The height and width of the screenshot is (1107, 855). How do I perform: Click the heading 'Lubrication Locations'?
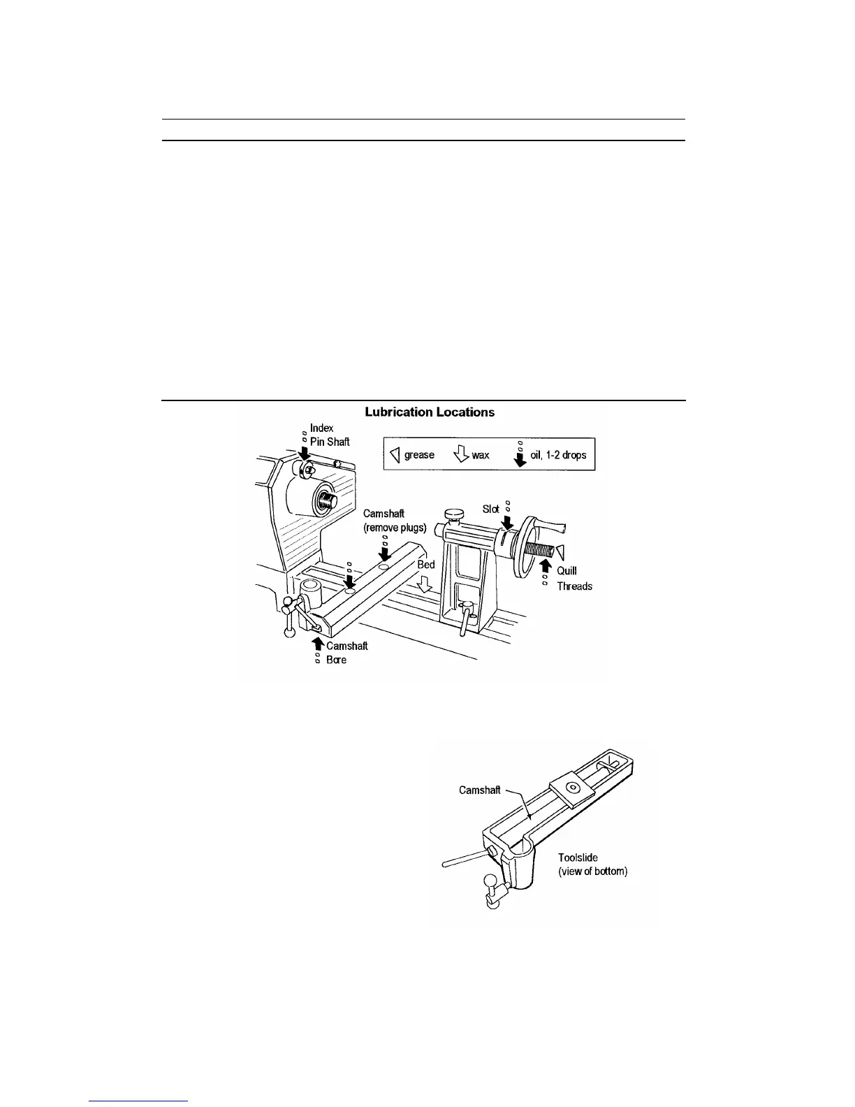[430, 412]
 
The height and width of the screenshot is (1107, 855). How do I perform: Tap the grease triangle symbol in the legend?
[394, 455]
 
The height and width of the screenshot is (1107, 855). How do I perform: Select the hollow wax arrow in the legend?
[460, 455]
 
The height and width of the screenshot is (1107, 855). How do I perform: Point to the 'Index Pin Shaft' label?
[329, 435]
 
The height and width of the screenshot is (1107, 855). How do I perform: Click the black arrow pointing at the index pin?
[305, 454]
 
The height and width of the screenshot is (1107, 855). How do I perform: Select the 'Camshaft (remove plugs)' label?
[395, 521]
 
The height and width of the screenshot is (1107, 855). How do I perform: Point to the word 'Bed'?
[426, 565]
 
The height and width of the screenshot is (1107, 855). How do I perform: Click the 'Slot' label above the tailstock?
[491, 509]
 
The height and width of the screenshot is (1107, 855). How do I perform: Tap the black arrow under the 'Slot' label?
[508, 523]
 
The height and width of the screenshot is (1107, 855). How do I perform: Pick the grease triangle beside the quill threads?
[560, 550]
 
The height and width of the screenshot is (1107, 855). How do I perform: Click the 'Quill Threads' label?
[574, 579]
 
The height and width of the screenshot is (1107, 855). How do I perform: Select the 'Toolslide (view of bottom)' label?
[592, 864]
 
